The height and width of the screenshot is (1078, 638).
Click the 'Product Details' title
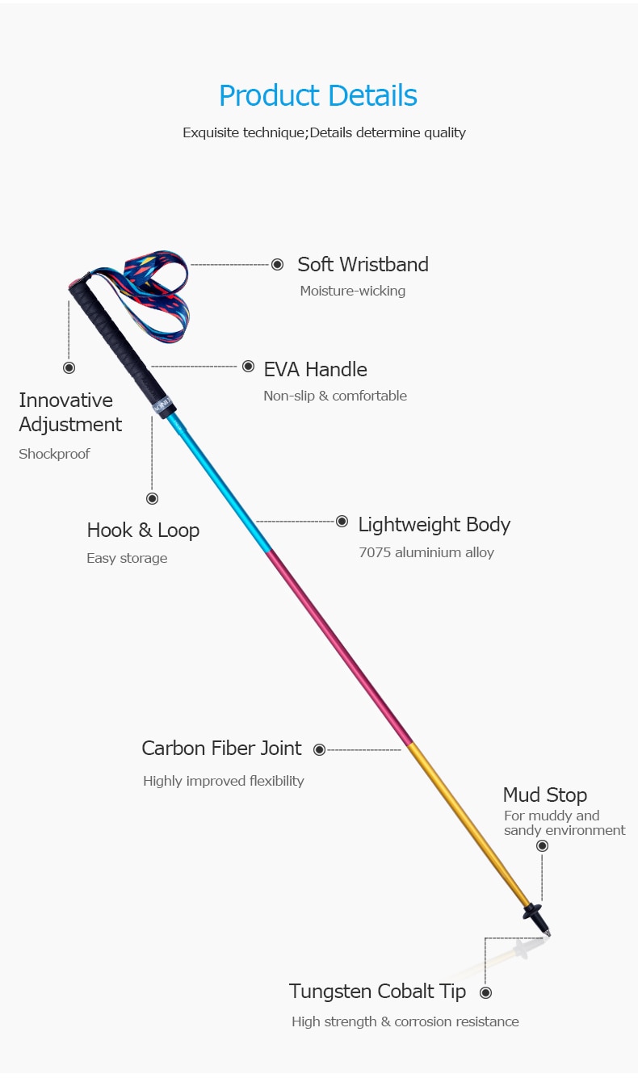coord(317,96)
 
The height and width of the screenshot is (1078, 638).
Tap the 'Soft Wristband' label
coord(363,264)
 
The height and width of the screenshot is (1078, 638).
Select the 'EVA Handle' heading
coord(315,369)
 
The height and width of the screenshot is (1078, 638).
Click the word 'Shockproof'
coord(54,454)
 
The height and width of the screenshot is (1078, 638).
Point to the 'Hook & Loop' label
coord(143,531)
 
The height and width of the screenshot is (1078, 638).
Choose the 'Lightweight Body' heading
coord(434,525)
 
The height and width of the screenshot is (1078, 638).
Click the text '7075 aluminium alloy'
coord(426,553)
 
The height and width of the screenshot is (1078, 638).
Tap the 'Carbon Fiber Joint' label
coord(221,749)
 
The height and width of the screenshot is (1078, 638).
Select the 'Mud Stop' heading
coord(544,795)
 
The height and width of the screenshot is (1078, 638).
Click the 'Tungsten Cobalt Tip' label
coord(377,992)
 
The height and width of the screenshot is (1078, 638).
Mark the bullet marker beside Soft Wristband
coord(277,264)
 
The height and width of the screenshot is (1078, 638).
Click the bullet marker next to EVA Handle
coord(248,366)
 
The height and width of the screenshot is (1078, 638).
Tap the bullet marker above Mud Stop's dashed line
coord(542,845)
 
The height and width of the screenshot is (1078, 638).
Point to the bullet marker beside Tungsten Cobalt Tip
coord(485,992)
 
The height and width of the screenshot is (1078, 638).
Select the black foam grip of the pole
coord(113,339)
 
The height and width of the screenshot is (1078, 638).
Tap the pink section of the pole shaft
coord(339,646)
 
